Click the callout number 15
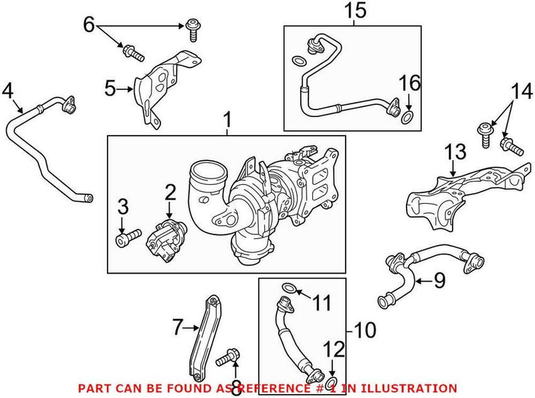tap(356, 10)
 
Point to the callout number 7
tap(177, 327)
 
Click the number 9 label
tap(439, 280)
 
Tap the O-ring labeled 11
tap(288, 288)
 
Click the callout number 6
tap(89, 25)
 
